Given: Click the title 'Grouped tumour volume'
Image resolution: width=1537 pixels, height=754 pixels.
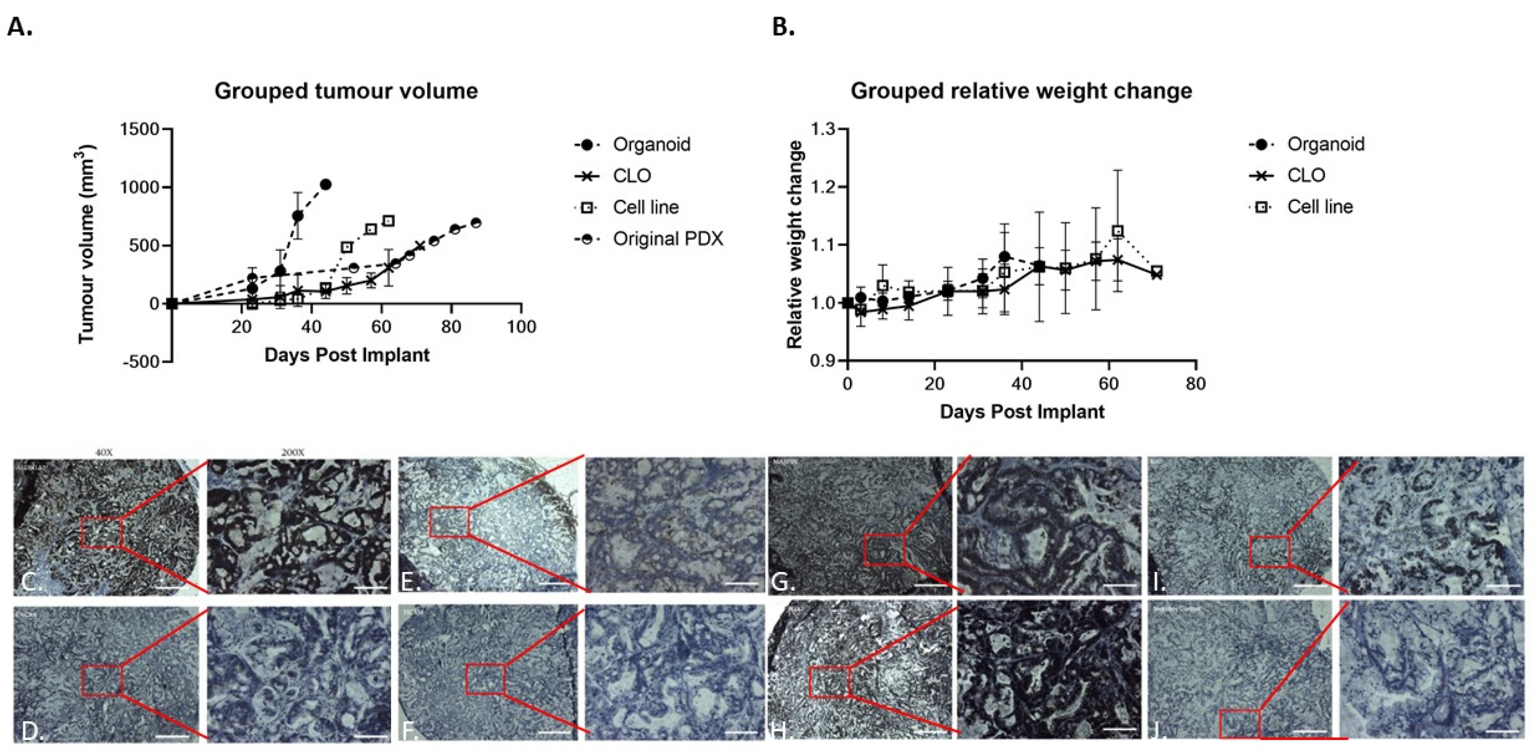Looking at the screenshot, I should click(x=346, y=91).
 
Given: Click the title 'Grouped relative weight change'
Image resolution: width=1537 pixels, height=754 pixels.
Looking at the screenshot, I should click(x=1021, y=91).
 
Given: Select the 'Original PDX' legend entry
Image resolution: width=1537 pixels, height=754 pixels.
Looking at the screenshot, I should click(x=668, y=239).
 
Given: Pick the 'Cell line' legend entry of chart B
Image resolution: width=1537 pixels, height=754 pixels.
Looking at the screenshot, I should click(x=1320, y=207).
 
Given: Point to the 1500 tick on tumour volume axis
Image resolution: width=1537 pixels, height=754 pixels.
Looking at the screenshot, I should click(x=140, y=130).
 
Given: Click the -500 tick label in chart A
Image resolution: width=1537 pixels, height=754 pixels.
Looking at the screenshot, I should click(x=141, y=362).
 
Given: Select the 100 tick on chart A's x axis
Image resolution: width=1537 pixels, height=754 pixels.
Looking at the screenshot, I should click(x=522, y=327).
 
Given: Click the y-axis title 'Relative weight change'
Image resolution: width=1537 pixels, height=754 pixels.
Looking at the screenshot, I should click(x=795, y=245).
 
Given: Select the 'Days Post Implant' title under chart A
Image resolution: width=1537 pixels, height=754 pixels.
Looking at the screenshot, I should click(x=347, y=355).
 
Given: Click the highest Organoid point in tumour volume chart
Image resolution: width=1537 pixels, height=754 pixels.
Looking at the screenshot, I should click(x=326, y=184).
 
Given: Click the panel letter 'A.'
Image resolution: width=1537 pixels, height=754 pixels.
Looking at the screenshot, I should click(x=20, y=27).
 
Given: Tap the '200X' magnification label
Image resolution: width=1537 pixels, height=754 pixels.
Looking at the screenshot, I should click(x=292, y=453).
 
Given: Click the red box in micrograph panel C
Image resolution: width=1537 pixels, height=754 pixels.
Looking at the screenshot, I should click(x=102, y=533).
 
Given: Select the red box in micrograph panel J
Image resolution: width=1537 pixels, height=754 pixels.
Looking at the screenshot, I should click(x=1239, y=724).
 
